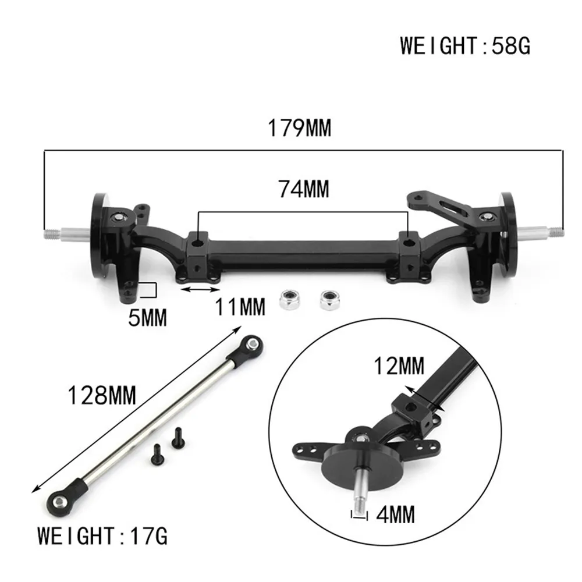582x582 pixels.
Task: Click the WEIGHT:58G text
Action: (464, 45)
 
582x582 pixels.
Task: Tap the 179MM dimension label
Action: (299, 128)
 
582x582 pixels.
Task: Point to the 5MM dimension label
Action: (148, 318)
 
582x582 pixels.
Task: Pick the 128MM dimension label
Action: (102, 396)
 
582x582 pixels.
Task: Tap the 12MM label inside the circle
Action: (399, 367)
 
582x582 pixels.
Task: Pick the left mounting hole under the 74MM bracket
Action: (199, 240)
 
